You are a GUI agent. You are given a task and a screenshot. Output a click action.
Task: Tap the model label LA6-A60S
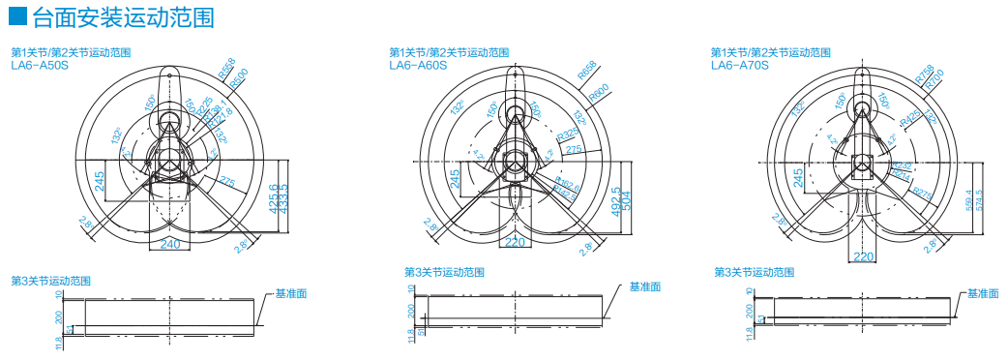417,66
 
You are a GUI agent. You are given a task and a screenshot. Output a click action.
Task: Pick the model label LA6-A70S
739,66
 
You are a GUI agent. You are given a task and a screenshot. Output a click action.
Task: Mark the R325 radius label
569,133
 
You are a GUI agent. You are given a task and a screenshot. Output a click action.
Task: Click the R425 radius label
910,118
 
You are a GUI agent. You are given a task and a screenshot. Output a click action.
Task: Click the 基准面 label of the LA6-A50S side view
291,292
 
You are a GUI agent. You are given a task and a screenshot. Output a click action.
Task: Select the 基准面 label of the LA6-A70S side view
984,292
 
